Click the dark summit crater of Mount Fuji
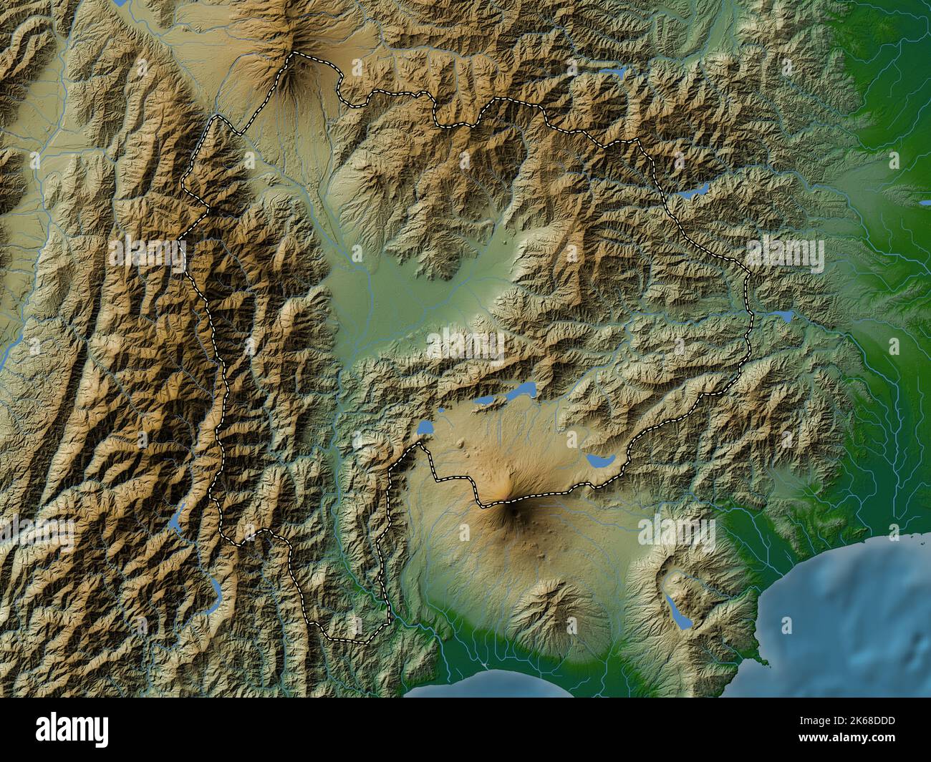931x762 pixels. coord(509,503)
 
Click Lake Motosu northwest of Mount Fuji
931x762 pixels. coord(426,428)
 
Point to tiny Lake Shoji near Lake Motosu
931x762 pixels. coord(443,411)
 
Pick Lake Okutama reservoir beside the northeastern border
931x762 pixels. coord(693,192)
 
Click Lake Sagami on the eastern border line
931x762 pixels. coord(779,315)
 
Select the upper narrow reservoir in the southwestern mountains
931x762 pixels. coord(176,521)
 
